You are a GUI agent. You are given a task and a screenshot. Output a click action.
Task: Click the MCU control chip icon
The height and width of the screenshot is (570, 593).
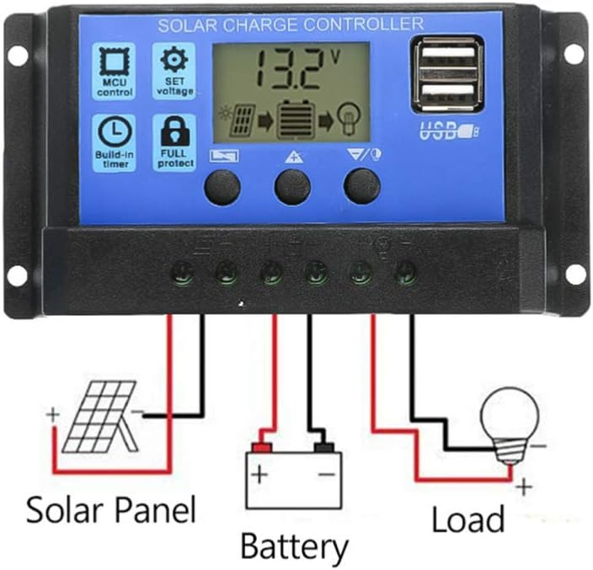tap(115, 61)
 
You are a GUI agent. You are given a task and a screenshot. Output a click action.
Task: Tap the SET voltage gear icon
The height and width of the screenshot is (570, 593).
tap(174, 59)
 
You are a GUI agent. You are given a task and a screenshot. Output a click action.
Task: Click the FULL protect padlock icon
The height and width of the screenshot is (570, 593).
tap(174, 131)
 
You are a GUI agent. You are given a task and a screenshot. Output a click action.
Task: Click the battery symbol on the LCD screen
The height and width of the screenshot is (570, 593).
tap(296, 120)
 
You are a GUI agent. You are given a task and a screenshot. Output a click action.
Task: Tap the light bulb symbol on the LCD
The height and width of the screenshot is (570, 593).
tap(350, 119)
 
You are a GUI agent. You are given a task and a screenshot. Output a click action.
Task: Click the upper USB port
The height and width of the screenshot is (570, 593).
tap(448, 56)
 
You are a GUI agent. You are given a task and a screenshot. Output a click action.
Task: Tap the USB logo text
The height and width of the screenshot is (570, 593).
tap(449, 131)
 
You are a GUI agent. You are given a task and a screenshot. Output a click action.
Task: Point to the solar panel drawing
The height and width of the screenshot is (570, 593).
tap(99, 418)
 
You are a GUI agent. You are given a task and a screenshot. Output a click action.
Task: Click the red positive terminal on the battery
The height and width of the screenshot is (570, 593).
tap(263, 448)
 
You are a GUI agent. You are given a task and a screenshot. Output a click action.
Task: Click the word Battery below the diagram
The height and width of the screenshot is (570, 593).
tap(294, 547)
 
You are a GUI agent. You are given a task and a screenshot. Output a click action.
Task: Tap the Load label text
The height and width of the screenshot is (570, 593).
tap(468, 519)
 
